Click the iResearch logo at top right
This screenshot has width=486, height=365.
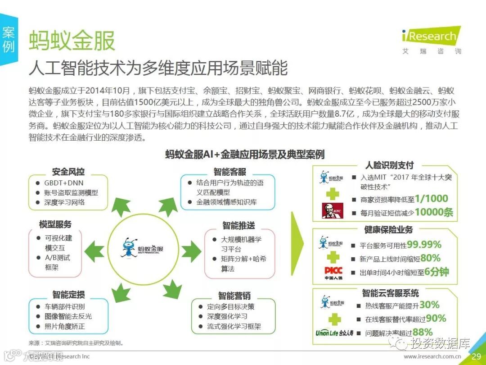(x=431, y=36)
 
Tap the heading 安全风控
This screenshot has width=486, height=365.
(x=68, y=172)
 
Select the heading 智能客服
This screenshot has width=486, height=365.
(x=229, y=172)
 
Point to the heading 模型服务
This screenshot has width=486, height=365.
(x=55, y=224)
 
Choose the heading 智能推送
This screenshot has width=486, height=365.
(x=238, y=225)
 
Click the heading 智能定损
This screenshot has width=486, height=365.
(x=68, y=295)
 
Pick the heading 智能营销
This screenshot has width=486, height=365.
(x=234, y=296)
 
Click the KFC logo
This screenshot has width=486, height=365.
(x=332, y=210)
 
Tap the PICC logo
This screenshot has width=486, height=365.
(x=333, y=272)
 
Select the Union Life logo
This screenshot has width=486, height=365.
(x=334, y=333)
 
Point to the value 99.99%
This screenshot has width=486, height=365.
(x=424, y=245)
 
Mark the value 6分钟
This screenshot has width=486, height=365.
(x=436, y=272)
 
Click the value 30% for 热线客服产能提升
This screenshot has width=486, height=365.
(x=429, y=305)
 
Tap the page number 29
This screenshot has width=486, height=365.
(x=476, y=356)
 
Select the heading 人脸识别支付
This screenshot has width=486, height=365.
(x=389, y=165)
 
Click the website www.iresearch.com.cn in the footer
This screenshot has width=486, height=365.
(x=432, y=357)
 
